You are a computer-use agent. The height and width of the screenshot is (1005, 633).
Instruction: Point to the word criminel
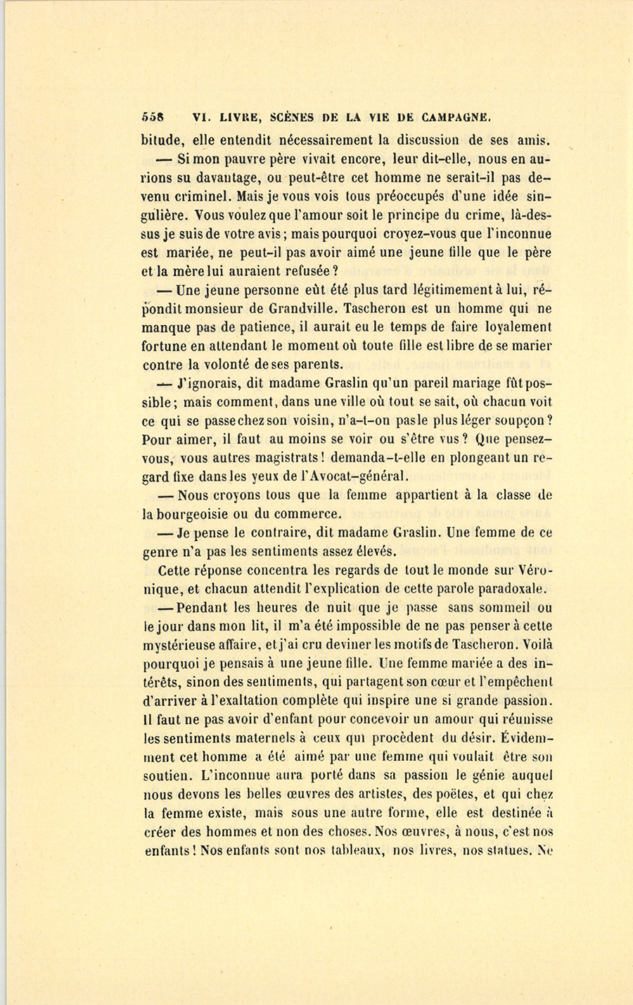tap(203, 196)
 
